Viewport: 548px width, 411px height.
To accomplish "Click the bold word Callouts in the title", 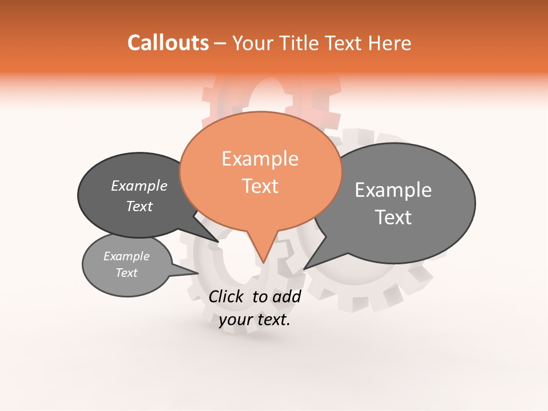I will pos(168,43).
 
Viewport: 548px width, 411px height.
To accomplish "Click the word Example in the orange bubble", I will pos(260,159).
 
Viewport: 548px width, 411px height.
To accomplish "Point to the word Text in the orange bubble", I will pos(260,186).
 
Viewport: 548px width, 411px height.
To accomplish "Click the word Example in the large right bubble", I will pos(393,190).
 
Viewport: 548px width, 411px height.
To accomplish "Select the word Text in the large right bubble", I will pos(393,217).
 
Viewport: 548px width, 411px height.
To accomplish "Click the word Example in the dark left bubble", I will pos(139,186).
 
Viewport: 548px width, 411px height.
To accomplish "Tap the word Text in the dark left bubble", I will pos(139,207).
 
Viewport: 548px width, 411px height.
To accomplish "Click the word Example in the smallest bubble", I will pos(127,257).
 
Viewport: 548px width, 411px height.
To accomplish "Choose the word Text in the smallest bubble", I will pos(127,273).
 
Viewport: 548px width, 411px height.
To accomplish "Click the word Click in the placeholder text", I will pos(227,296).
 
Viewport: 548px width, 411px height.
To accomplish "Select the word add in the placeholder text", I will pos(287,296).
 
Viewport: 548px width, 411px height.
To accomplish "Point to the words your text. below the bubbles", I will pos(255,320).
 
